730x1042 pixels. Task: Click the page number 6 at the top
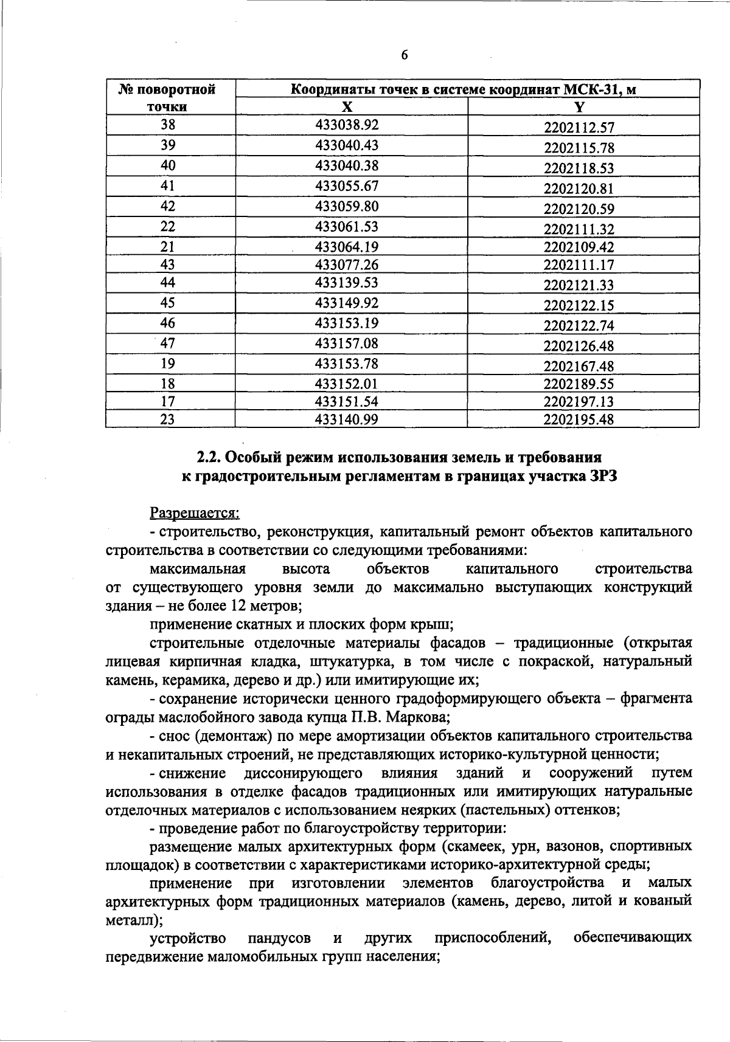click(x=404, y=55)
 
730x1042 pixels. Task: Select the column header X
click(x=346, y=107)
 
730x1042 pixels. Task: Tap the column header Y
click(x=579, y=107)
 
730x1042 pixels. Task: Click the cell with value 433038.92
click(x=347, y=125)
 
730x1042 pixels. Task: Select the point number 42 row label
click(x=168, y=206)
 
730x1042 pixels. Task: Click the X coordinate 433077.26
click(x=347, y=264)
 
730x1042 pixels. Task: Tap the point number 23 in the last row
click(x=168, y=419)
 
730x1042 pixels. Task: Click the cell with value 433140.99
click(x=347, y=419)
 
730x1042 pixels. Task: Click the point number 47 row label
click(x=168, y=343)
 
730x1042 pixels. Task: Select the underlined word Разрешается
click(x=193, y=514)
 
